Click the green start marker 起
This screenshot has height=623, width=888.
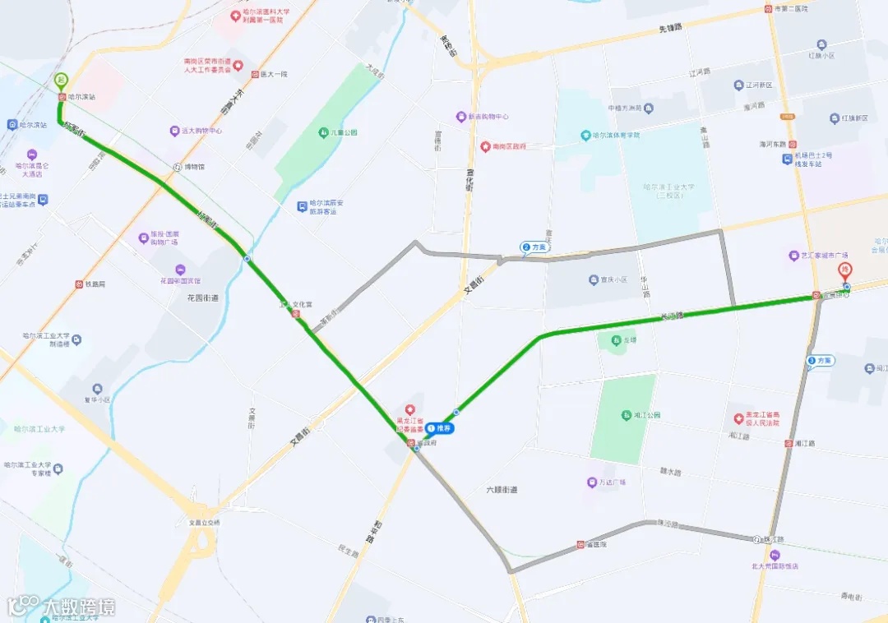tap(61, 81)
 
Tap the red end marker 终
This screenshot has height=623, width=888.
tap(844, 270)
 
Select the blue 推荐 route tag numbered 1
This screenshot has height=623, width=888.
tap(440, 428)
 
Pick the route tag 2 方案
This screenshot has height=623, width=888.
tap(534, 247)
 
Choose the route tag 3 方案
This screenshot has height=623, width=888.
tap(821, 360)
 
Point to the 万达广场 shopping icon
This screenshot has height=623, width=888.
tap(591, 482)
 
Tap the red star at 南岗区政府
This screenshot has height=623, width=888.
tap(485, 146)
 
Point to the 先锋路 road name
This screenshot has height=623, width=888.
tap(670, 28)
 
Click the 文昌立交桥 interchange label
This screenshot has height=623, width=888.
tap(205, 522)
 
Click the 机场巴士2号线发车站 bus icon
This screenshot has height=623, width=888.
tap(787, 159)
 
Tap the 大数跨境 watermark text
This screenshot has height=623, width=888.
tap(79, 607)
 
